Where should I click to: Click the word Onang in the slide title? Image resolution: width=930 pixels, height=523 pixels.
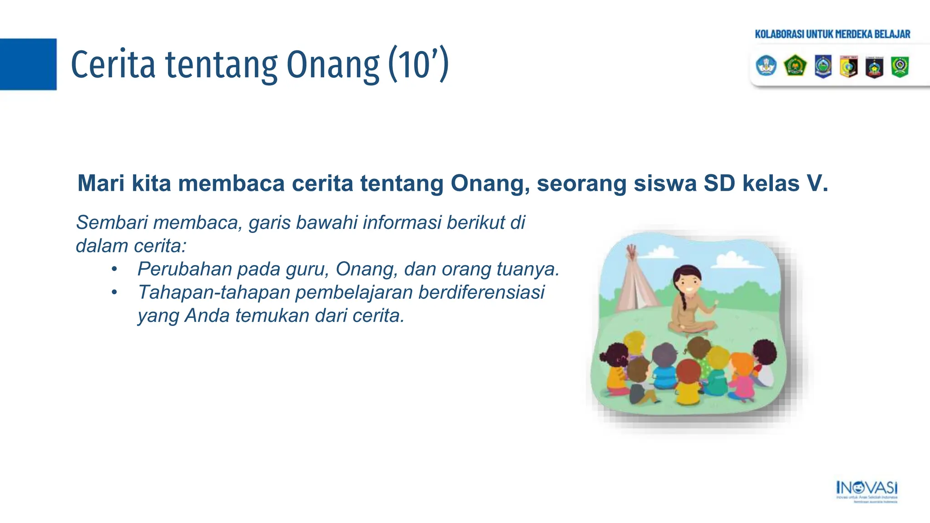tap(332, 65)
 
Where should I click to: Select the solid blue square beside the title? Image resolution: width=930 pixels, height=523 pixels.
tap(28, 64)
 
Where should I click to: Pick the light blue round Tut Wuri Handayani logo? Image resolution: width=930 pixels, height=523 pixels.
tap(766, 66)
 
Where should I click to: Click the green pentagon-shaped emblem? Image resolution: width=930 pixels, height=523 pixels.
tap(795, 66)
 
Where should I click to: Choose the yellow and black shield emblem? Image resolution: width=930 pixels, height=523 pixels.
tap(848, 67)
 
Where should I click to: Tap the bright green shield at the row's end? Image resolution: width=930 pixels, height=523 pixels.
tap(900, 66)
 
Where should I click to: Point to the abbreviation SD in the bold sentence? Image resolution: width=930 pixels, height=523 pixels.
tap(719, 183)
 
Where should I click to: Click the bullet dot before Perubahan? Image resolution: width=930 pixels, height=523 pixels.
tap(114, 269)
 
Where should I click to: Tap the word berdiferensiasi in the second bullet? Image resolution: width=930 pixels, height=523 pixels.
tap(481, 292)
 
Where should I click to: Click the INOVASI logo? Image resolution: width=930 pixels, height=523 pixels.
tap(866, 489)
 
